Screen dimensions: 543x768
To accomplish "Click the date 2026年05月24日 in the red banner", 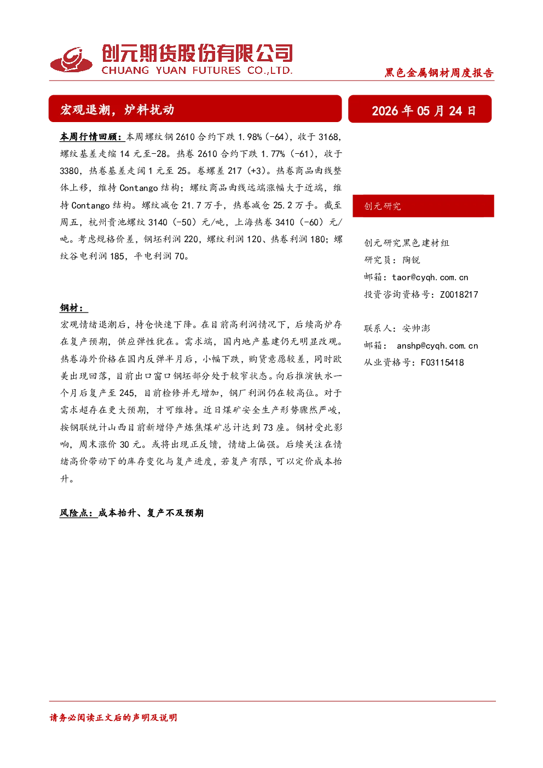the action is point(424,111).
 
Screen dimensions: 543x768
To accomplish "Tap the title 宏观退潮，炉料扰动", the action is point(117,109).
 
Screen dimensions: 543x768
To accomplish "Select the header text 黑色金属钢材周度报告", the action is point(439,73).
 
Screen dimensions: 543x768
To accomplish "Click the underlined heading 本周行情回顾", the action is point(91,137).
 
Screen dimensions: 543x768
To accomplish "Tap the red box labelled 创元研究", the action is point(423,206).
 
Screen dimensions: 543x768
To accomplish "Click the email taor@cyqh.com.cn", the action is point(430,277).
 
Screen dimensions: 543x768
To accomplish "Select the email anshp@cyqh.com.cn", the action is point(437,345).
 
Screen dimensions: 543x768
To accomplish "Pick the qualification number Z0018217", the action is point(459,294).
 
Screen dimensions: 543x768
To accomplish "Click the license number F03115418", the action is point(442,362).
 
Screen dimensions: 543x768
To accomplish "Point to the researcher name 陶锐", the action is point(411,260).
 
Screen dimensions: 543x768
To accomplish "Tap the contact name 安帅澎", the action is point(416,328).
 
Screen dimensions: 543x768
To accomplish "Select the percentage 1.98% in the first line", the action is point(250,137).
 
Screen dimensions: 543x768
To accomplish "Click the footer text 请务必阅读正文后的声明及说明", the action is point(113,717).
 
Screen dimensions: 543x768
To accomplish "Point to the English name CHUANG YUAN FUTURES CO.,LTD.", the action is point(197,70).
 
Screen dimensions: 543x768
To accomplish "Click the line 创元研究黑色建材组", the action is point(407,242).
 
